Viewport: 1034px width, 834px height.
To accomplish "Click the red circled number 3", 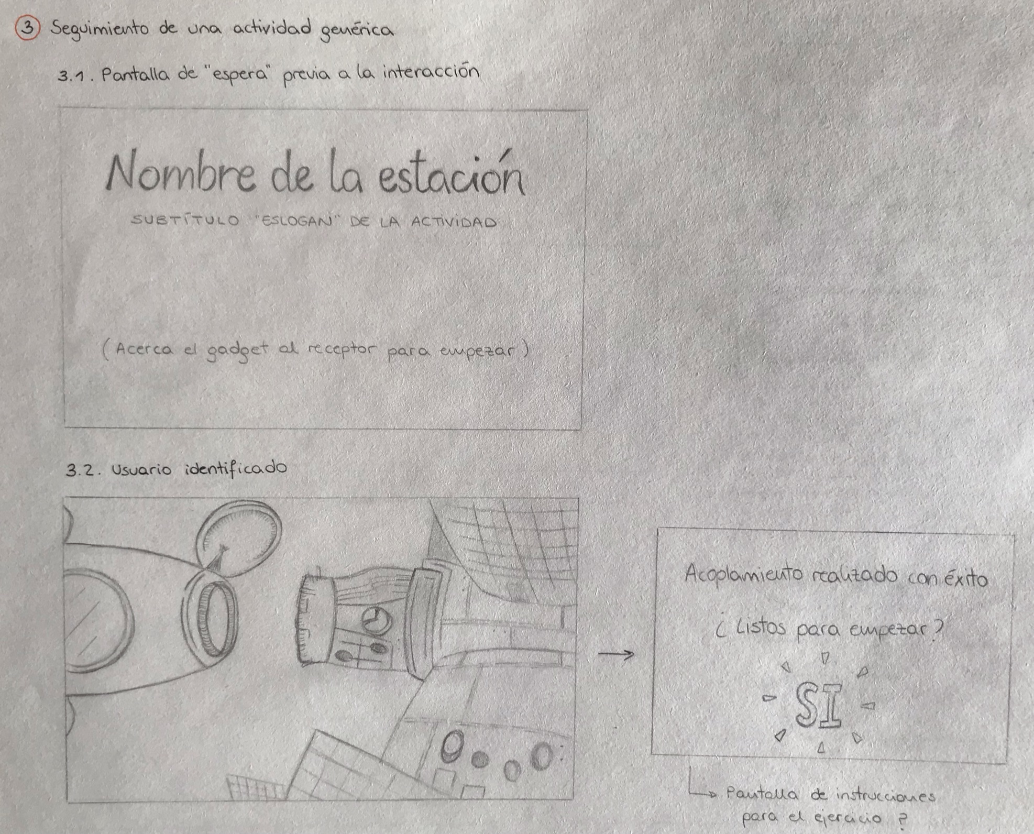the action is tap(28, 28).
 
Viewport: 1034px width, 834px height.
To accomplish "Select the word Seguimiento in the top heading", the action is tap(100, 28).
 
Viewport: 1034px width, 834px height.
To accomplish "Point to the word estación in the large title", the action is tap(451, 173).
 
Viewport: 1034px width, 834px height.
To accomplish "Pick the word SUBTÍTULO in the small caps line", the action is tap(185, 220).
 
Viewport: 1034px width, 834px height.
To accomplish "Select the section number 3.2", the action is tap(82, 469).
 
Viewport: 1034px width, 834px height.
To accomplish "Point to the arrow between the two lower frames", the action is tap(617, 654).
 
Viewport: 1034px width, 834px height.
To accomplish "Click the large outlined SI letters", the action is tap(818, 705).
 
